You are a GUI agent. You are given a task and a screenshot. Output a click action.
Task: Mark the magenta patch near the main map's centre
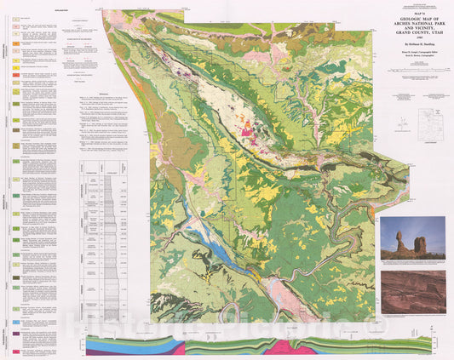click(250, 131)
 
